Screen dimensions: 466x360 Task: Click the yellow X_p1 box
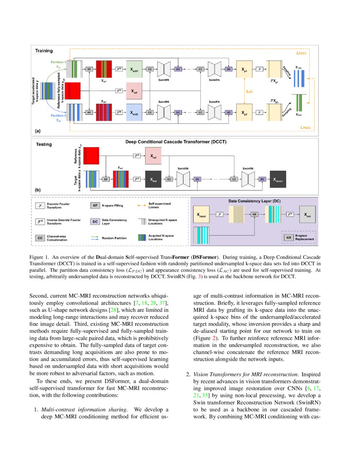245,69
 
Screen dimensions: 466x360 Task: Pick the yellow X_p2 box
245,113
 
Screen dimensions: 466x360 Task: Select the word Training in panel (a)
44,51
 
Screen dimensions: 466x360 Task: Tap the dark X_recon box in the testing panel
277,179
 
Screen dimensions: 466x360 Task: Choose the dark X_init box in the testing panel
152,179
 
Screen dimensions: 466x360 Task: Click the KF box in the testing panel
105,179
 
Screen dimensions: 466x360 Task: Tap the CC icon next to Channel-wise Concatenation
39,238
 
